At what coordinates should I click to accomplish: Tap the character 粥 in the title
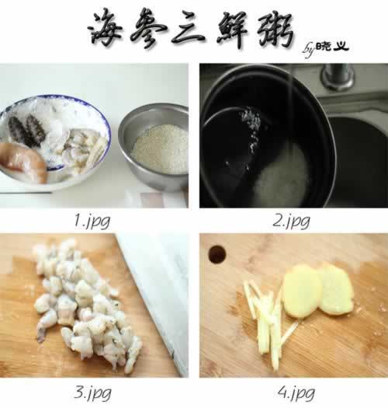276,31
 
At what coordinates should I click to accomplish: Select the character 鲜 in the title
233,30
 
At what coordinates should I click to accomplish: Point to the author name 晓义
333,47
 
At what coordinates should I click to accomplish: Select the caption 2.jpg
291,221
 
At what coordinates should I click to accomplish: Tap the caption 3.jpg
92,392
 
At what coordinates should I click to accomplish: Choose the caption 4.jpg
296,392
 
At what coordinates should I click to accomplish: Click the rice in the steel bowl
161,149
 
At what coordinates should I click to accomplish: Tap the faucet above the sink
338,76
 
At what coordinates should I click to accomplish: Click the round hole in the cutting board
217,254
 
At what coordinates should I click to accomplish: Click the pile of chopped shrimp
86,305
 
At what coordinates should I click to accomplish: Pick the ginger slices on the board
317,291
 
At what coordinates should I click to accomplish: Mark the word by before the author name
310,50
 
